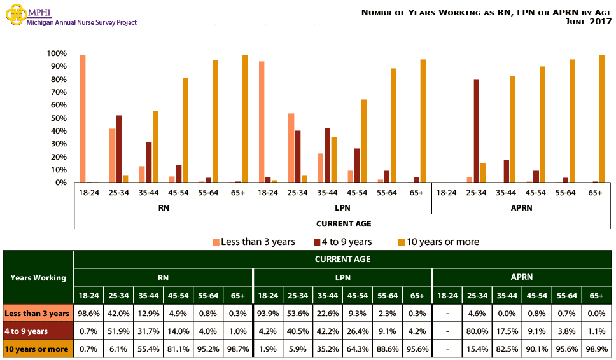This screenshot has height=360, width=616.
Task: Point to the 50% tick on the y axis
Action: pyautogui.click(x=58, y=118)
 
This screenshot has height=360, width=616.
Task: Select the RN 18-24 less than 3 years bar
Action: pyautogui.click(x=83, y=119)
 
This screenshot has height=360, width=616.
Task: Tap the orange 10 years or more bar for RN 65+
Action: pyautogui.click(x=244, y=119)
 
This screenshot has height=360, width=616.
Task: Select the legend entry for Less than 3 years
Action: pyautogui.click(x=255, y=242)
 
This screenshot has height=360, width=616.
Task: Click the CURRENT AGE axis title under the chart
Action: pyautogui.click(x=344, y=223)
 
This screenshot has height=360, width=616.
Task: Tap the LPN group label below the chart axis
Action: pyautogui.click(x=342, y=207)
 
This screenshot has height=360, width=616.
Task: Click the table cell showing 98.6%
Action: pyautogui.click(x=88, y=313)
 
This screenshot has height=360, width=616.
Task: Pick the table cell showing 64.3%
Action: pyautogui.click(x=357, y=349)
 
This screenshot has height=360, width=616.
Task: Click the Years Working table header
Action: pyautogui.click(x=38, y=277)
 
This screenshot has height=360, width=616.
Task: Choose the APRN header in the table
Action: pyautogui.click(x=522, y=277)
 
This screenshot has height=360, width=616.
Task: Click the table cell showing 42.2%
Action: pyautogui.click(x=327, y=331)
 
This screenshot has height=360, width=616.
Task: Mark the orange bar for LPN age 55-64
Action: pyautogui.click(x=394, y=125)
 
